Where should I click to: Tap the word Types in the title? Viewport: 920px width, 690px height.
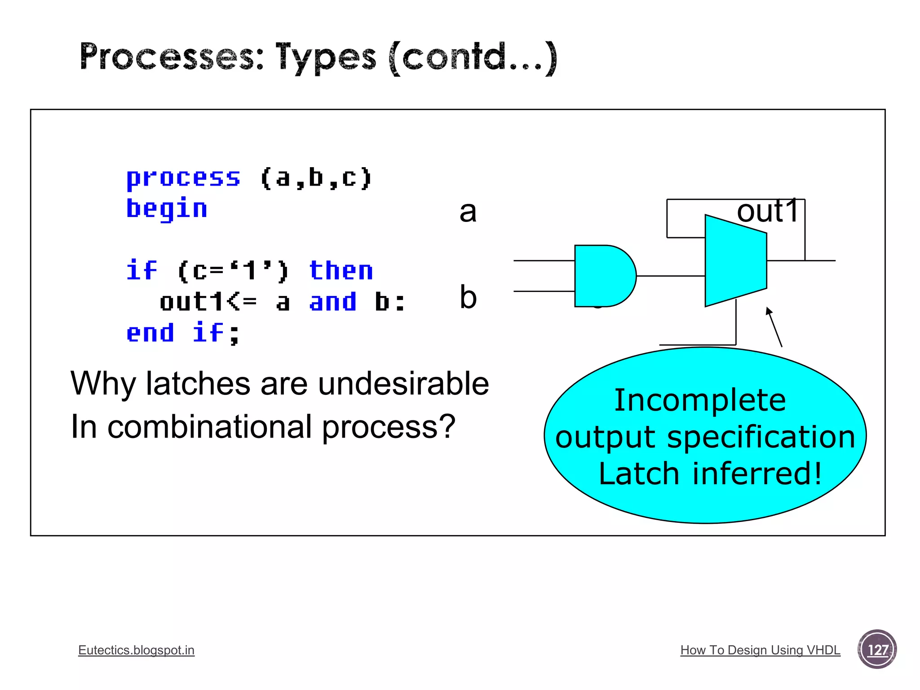[325, 57]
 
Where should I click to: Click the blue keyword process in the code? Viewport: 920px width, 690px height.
[183, 178]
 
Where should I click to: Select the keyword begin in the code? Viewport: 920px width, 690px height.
[167, 209]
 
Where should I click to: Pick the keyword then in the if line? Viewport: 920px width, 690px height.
[341, 271]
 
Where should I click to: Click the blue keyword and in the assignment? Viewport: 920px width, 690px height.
[333, 301]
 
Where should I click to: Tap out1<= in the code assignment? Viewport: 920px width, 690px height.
[208, 301]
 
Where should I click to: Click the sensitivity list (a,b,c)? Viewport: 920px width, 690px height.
[316, 178]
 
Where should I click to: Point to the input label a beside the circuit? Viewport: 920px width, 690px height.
[468, 212]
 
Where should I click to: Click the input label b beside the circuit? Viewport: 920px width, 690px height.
[468, 297]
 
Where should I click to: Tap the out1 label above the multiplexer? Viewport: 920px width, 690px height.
[767, 211]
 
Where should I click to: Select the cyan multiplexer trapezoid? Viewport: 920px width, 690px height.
[735, 261]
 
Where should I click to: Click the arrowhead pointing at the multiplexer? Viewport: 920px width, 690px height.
[769, 311]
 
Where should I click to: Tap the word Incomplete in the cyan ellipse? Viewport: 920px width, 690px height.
[699, 400]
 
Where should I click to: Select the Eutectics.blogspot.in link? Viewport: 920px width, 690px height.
[136, 650]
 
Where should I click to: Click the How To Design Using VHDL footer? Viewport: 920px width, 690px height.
[760, 650]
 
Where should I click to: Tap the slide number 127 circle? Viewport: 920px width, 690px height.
[877, 650]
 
